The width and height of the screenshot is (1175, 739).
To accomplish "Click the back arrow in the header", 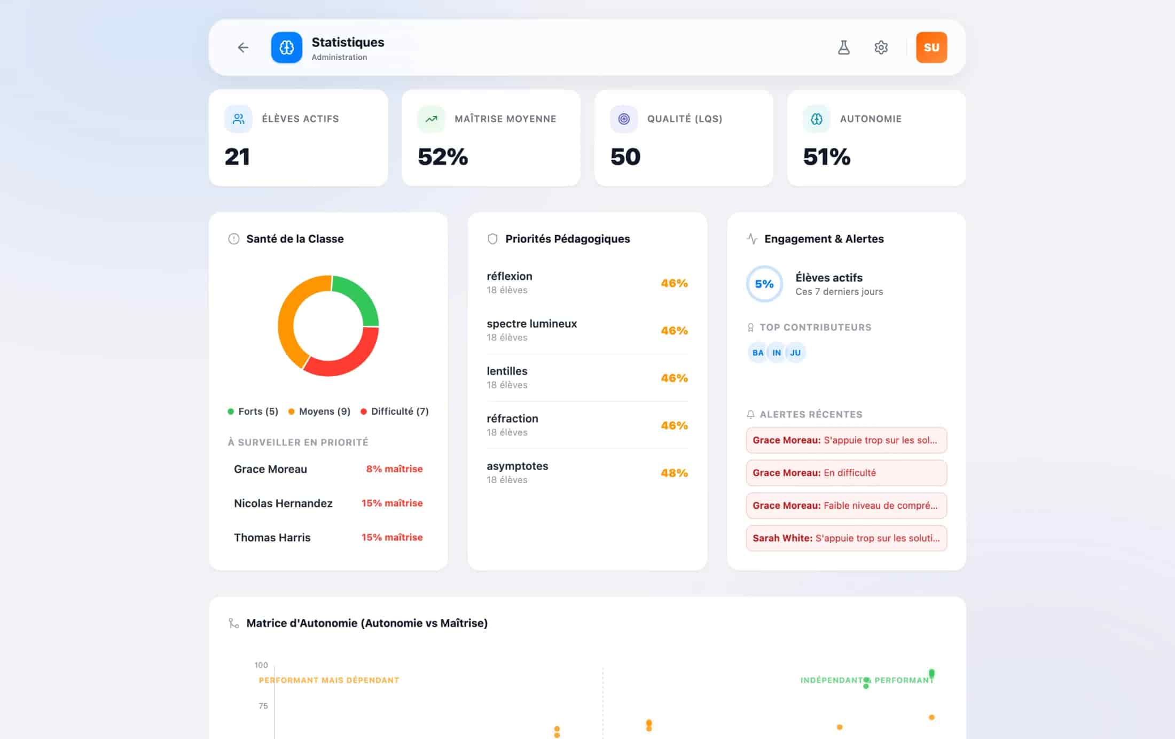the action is pyautogui.click(x=243, y=48).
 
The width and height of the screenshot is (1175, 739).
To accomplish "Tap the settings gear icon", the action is pyautogui.click(x=881, y=48).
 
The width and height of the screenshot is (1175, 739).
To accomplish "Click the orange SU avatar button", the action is pyautogui.click(x=931, y=48).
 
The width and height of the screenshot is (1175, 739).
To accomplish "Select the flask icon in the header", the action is pyautogui.click(x=844, y=48).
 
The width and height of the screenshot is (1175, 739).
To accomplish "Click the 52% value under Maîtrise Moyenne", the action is pyautogui.click(x=443, y=157).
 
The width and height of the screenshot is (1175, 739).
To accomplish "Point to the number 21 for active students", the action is pyautogui.click(x=237, y=157).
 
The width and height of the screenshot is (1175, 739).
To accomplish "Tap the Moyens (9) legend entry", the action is pyautogui.click(x=319, y=411).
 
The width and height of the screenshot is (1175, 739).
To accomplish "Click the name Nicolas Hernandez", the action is pyautogui.click(x=283, y=503).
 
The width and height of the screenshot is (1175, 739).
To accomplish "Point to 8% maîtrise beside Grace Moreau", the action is pyautogui.click(x=394, y=469).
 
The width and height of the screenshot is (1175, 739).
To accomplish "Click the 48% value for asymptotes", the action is pyautogui.click(x=674, y=473).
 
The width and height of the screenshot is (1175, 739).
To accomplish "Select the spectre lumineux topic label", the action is pyautogui.click(x=531, y=324).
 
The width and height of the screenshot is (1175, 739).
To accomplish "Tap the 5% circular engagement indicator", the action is pyautogui.click(x=764, y=284).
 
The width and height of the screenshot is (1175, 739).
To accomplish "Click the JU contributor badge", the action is pyautogui.click(x=795, y=353).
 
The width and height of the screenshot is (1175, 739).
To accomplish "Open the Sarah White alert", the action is pyautogui.click(x=847, y=538).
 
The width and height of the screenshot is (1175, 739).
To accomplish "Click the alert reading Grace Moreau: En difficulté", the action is pyautogui.click(x=847, y=473).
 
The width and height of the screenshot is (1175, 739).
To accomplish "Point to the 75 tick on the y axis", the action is pyautogui.click(x=263, y=706).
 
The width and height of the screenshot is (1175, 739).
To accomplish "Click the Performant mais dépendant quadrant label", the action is pyautogui.click(x=329, y=680).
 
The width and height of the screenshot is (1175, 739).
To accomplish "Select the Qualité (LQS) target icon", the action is pyautogui.click(x=624, y=119).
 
